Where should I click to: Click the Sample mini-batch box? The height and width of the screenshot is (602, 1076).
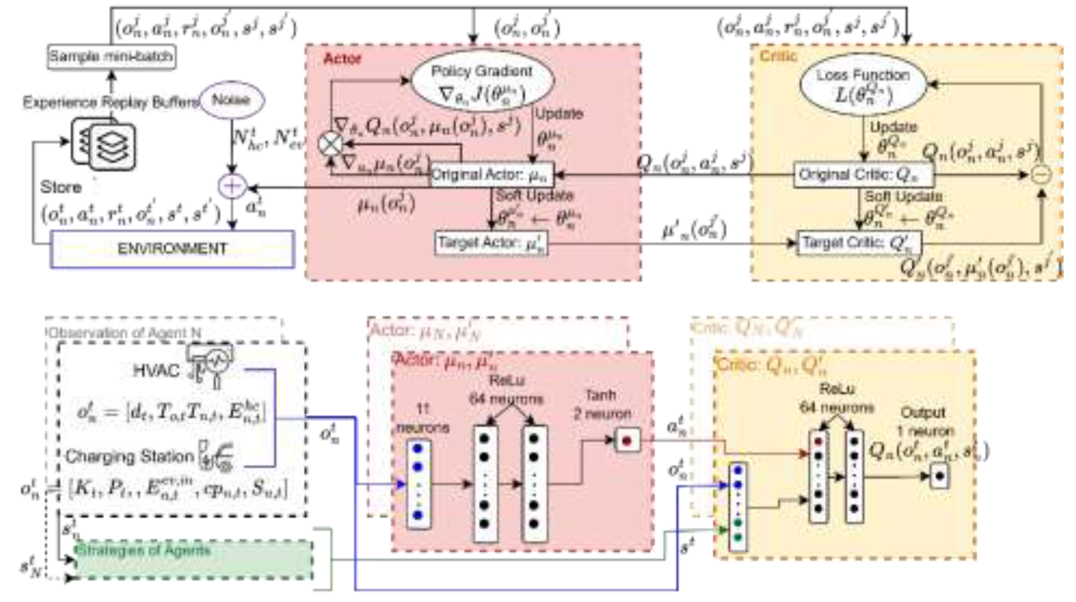point(111,56)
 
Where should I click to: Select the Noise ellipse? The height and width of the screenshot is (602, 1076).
point(232,100)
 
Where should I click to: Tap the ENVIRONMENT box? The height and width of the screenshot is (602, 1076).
point(172,249)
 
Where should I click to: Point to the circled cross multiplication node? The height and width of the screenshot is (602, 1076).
point(330,144)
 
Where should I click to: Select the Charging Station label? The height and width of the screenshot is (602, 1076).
point(129,457)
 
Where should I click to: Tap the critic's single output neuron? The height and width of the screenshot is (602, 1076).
point(939,476)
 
